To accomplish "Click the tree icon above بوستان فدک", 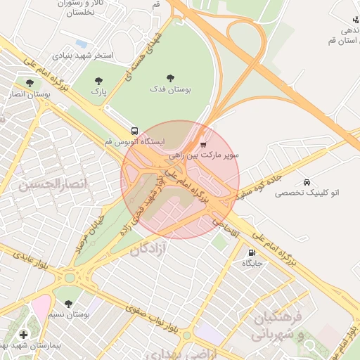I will click(169, 79).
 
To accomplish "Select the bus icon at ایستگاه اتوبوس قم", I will click(134, 131).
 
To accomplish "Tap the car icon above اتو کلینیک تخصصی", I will click(306, 182).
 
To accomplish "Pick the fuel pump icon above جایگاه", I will click(252, 253).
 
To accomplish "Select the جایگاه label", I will click(252, 264).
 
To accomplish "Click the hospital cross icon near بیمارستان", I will click(24, 335).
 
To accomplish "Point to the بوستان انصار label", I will click(26, 93).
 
